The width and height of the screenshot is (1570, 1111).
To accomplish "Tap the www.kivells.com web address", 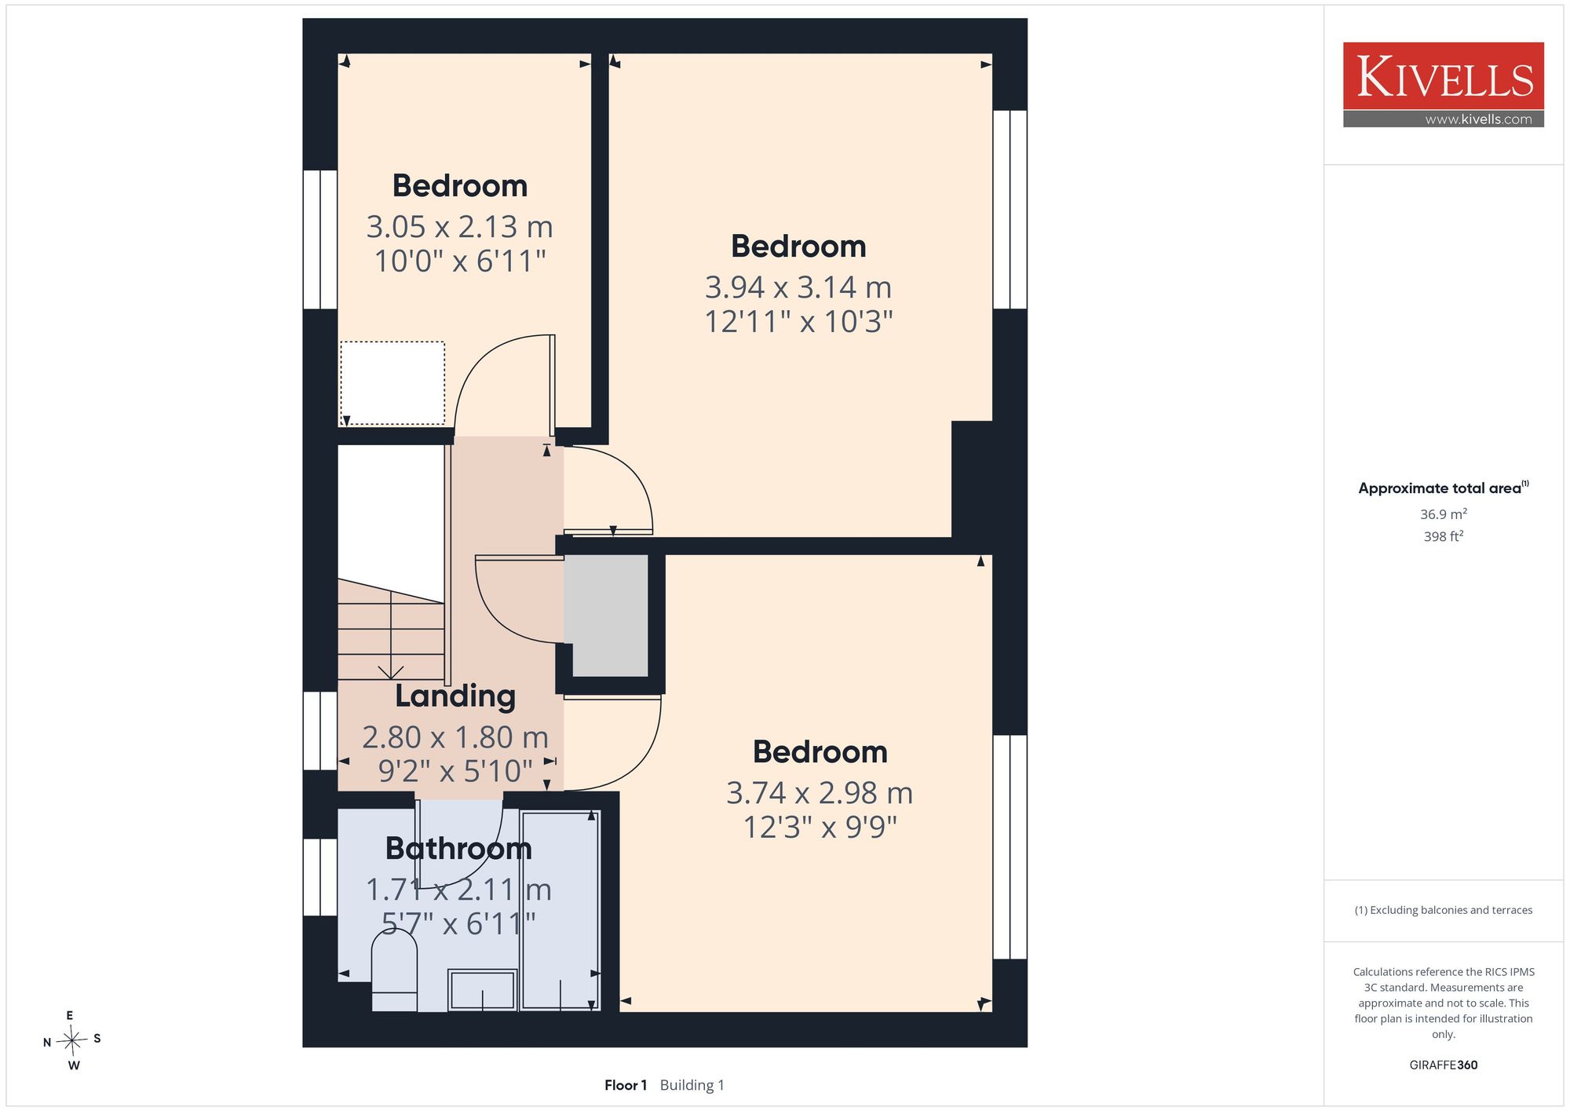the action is (1478, 119).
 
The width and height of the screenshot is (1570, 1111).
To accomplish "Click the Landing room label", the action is (455, 696).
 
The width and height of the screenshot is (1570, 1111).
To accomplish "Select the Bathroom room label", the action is (458, 849).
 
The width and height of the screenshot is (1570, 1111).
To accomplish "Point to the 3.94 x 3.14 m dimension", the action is (798, 287).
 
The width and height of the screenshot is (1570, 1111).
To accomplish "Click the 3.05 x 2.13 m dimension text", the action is (460, 227).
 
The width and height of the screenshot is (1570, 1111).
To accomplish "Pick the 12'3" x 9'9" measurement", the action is (820, 827).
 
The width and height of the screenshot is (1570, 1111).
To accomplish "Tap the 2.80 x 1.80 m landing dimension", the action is (455, 737).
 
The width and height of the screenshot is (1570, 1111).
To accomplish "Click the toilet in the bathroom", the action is (394, 970).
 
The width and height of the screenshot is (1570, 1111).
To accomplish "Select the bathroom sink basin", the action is (482, 990).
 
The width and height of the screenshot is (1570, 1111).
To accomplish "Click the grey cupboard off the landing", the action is (610, 616).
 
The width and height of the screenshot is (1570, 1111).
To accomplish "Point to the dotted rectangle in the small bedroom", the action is (392, 383).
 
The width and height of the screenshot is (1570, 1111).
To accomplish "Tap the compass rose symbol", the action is (72, 1041).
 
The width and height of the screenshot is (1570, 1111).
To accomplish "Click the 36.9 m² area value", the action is (1444, 514).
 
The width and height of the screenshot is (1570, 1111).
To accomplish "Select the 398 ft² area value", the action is (1444, 537).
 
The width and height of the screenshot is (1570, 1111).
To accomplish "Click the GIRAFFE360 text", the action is (1444, 1065).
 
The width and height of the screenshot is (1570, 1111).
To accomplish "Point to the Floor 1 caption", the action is (626, 1085).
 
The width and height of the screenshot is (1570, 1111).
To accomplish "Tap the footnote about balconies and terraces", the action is (1444, 910).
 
